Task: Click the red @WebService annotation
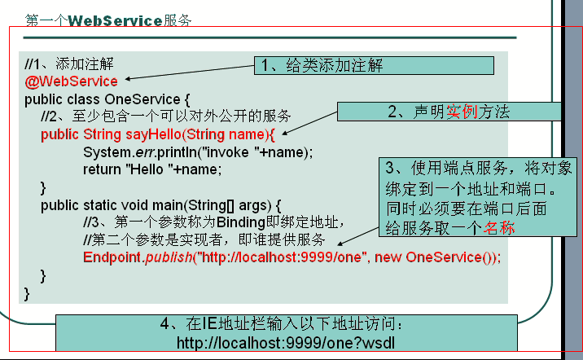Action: coord(71,81)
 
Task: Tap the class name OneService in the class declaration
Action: coord(142,99)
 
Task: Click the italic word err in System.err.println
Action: coord(145,152)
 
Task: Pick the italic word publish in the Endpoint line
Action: coord(169,257)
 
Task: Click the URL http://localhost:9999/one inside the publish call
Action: coord(281,257)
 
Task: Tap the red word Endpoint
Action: coord(112,257)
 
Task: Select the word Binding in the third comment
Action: coord(240,222)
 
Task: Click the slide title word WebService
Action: coord(115,21)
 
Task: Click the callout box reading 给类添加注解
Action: coord(374,65)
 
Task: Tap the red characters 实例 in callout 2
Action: coord(462,112)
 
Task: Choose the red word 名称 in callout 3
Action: coord(499,227)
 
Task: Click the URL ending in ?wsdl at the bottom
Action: coord(286,343)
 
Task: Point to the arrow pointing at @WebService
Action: coord(190,72)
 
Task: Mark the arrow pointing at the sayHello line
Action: coord(309,123)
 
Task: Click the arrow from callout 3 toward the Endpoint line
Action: coord(358,236)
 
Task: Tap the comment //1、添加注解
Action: coord(68,64)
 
